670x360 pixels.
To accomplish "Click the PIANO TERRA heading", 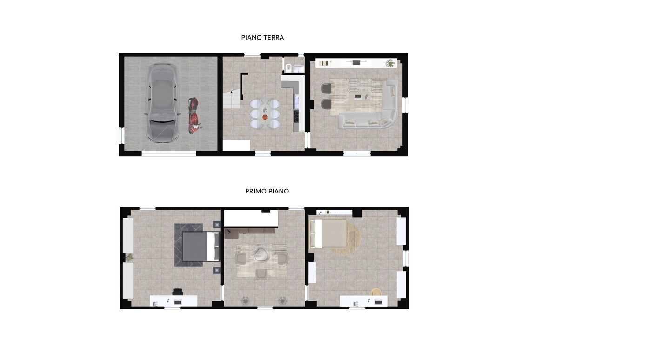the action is point(262,38).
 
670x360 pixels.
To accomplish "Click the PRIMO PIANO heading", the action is point(267,191).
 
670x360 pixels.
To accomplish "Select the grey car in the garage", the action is point(162,102).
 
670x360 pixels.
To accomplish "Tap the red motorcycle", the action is point(194,115).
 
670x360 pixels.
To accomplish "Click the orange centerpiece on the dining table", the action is point(265,117).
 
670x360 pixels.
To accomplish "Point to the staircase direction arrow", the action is point(232,93).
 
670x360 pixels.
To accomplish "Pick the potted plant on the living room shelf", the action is point(390,63).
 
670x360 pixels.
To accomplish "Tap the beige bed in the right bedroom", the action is point(328,234).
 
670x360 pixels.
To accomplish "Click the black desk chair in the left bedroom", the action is point(177,292).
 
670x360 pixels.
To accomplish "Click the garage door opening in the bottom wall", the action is point(169,153).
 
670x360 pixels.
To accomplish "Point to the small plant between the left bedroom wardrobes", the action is point(129,258).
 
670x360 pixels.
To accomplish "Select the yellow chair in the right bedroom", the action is point(376,292).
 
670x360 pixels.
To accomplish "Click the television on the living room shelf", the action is point(356,62).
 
